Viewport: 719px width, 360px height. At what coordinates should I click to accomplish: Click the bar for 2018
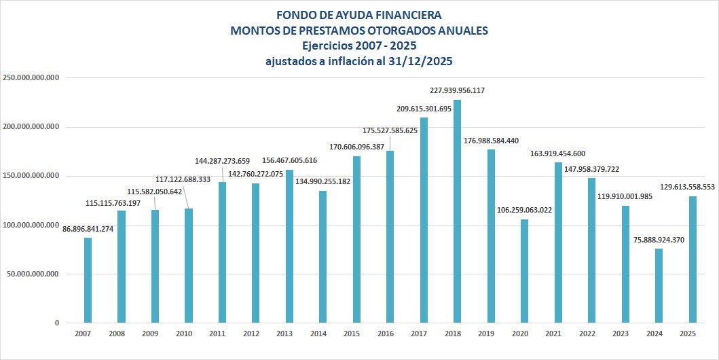(x=457, y=211)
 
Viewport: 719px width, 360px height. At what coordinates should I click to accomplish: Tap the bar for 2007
(x=88, y=280)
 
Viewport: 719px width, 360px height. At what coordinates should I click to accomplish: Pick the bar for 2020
(x=524, y=270)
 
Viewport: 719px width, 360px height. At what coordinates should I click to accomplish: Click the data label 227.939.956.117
(x=458, y=90)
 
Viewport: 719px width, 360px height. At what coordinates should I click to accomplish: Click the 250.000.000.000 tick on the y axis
(x=32, y=78)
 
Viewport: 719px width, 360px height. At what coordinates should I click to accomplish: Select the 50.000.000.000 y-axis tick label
(x=35, y=274)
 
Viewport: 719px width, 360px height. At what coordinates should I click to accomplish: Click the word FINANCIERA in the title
(x=407, y=14)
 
